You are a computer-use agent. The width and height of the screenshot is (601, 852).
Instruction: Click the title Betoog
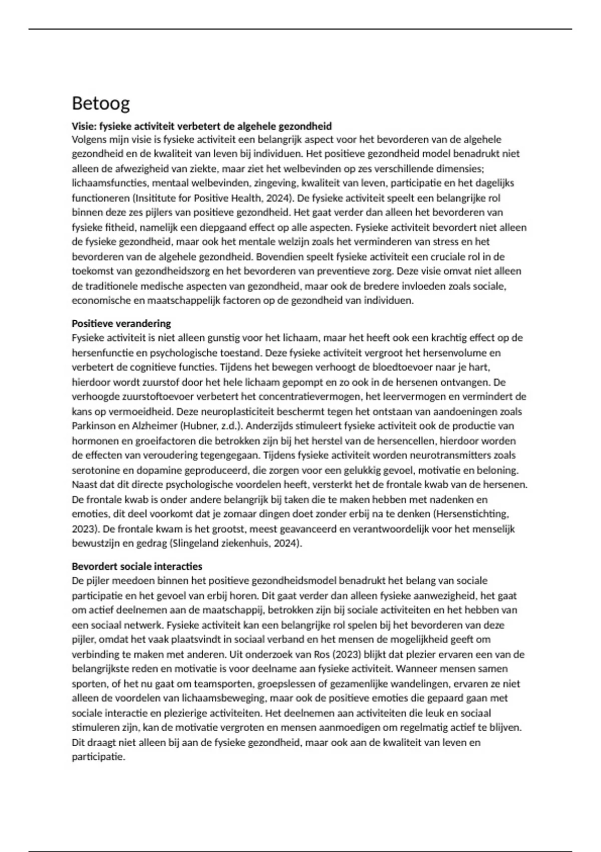coord(101,103)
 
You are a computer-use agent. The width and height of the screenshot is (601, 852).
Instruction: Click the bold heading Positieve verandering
coord(121,323)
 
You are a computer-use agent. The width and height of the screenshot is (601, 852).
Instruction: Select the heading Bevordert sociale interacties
coord(137,566)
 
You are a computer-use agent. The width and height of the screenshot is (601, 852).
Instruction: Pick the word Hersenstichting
coord(472,514)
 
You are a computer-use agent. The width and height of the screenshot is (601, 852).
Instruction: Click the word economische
coord(100,301)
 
